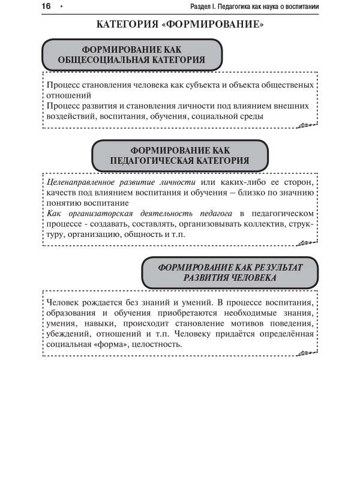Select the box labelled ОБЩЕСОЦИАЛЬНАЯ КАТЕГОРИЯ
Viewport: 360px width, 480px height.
click(131, 55)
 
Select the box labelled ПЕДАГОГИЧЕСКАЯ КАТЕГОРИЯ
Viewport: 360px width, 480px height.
click(179, 155)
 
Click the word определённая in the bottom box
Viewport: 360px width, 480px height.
click(282, 334)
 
